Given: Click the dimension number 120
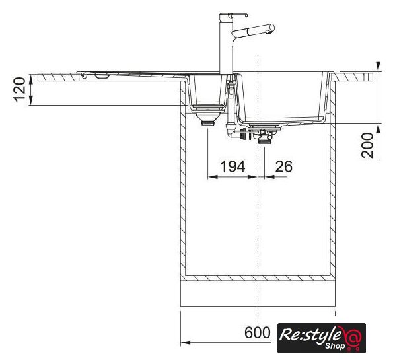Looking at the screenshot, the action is (20, 89).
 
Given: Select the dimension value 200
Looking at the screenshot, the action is (367, 145).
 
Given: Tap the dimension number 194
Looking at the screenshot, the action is (233, 166).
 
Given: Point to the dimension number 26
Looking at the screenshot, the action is (284, 166).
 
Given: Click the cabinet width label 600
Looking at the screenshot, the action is (258, 332).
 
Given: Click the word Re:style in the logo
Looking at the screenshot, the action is (310, 334).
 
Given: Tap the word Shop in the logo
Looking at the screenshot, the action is (334, 346).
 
